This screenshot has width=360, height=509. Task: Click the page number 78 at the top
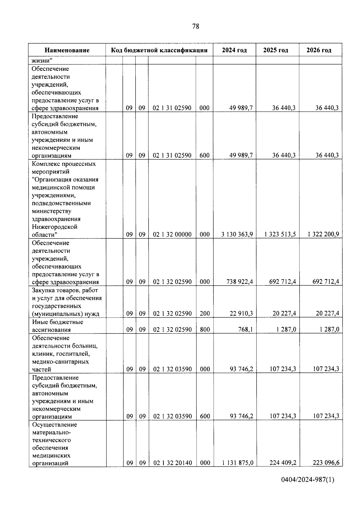point(195,26)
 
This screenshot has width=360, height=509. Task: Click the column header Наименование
point(67,50)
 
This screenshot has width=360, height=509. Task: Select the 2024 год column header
point(234,50)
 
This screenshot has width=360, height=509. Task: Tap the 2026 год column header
point(319,50)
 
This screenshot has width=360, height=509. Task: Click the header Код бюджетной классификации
point(159,50)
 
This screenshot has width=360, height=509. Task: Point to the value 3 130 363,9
point(237,234)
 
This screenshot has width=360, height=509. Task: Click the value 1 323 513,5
point(280,234)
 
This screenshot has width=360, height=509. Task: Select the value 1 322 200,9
point(323,234)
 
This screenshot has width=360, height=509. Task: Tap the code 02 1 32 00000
point(172,234)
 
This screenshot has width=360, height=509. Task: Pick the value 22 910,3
point(241,313)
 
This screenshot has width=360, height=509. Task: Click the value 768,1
point(245,329)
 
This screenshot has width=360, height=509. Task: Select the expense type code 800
point(205,329)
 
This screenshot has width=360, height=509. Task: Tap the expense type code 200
point(205,313)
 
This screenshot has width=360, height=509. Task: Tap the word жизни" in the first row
point(42,60)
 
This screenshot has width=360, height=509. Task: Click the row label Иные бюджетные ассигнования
point(58,326)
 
